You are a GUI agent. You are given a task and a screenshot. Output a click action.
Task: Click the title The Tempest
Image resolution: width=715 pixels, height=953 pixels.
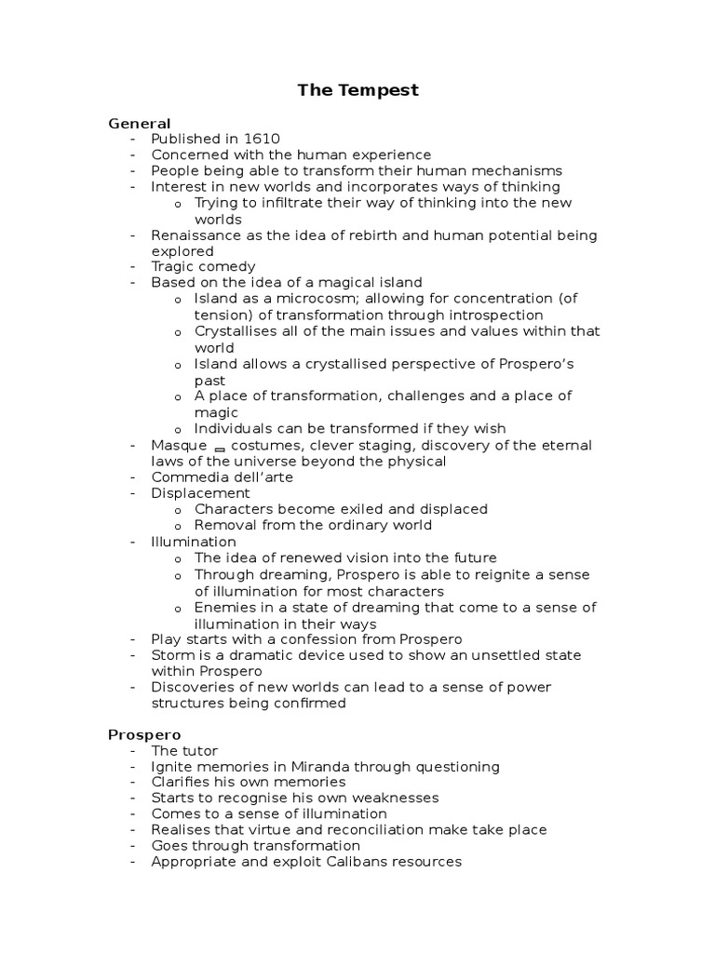pos(357,90)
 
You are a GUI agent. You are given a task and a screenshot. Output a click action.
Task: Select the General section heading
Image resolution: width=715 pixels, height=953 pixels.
pos(140,123)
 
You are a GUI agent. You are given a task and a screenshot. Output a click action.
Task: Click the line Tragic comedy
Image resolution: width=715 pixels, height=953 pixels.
pos(203,267)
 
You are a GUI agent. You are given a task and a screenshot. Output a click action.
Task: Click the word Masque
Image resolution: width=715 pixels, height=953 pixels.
pos(179,445)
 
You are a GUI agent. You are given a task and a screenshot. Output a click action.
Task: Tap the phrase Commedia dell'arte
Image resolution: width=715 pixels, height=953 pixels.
pos(222,477)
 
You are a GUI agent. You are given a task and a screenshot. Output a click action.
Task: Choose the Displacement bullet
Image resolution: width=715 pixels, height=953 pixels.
pos(200,493)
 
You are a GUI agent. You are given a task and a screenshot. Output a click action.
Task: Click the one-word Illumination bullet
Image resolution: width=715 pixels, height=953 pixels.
pos(194,542)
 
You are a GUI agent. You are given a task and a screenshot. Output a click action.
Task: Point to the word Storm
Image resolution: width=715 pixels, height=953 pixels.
pos(171,654)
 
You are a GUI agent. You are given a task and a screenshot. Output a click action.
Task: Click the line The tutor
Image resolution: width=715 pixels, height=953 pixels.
pos(184,751)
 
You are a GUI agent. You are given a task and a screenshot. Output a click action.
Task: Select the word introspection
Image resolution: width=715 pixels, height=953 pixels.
pos(485,315)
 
